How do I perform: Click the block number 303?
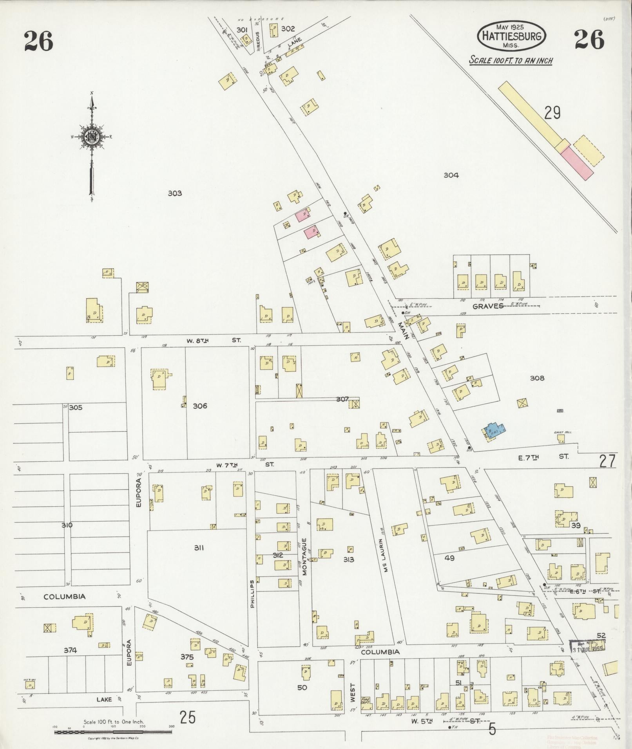coord(174,193)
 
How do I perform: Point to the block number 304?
coord(451,175)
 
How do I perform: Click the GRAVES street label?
coord(487,306)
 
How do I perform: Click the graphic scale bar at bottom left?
coord(114,731)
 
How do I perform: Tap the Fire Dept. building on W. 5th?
coord(366,700)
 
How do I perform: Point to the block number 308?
coord(537,378)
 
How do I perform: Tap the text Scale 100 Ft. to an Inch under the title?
coord(511,61)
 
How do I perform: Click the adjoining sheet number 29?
coord(552,113)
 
